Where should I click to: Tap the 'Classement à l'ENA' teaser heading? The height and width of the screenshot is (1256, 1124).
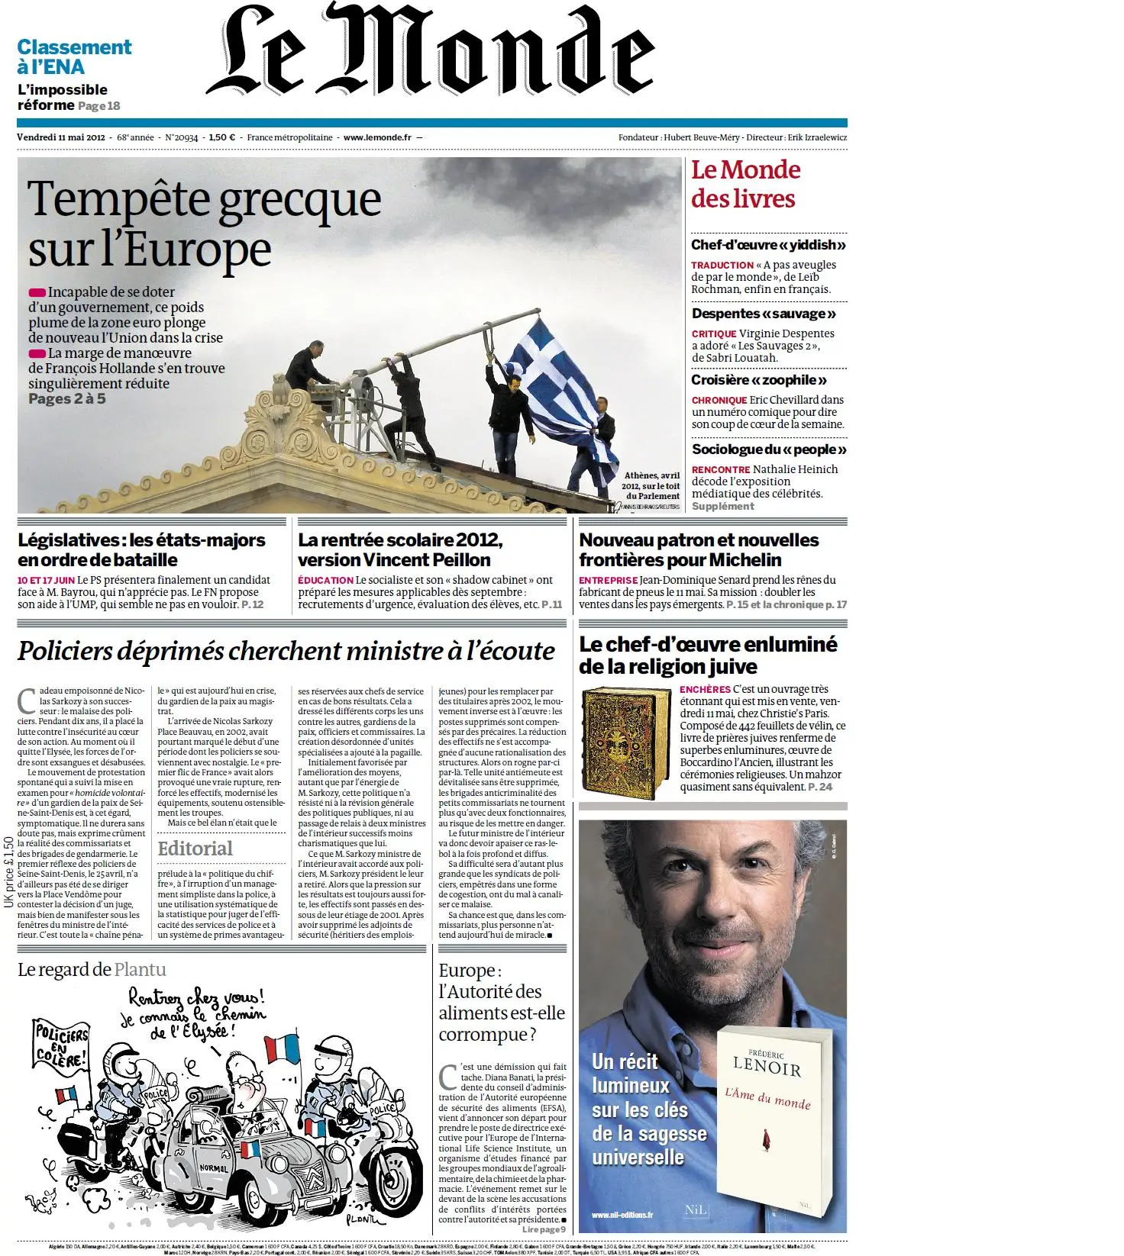point(74,57)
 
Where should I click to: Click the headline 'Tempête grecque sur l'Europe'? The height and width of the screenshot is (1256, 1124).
point(203,224)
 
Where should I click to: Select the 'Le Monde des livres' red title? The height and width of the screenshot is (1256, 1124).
point(745,184)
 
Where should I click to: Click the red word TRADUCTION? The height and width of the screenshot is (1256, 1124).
point(722,265)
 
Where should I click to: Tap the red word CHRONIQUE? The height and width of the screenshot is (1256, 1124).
point(719,400)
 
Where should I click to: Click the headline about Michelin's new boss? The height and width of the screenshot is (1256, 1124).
point(698,549)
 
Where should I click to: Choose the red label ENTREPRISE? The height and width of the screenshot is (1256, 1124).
point(608,580)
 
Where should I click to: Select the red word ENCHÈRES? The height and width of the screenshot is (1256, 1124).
point(705,689)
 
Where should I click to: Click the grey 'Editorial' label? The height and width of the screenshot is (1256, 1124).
point(195,849)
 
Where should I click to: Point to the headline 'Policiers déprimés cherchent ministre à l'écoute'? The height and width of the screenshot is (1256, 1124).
point(286,651)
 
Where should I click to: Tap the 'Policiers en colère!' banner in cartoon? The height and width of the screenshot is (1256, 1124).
point(62,1046)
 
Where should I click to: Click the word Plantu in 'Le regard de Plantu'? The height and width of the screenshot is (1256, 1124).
point(140,969)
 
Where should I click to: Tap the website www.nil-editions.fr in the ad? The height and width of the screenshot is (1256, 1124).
point(622,1215)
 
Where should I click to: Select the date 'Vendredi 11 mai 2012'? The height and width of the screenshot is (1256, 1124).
point(60,137)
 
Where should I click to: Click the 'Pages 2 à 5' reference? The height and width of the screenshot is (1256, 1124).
point(67,398)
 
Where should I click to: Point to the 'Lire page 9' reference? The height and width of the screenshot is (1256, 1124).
point(544,1229)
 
